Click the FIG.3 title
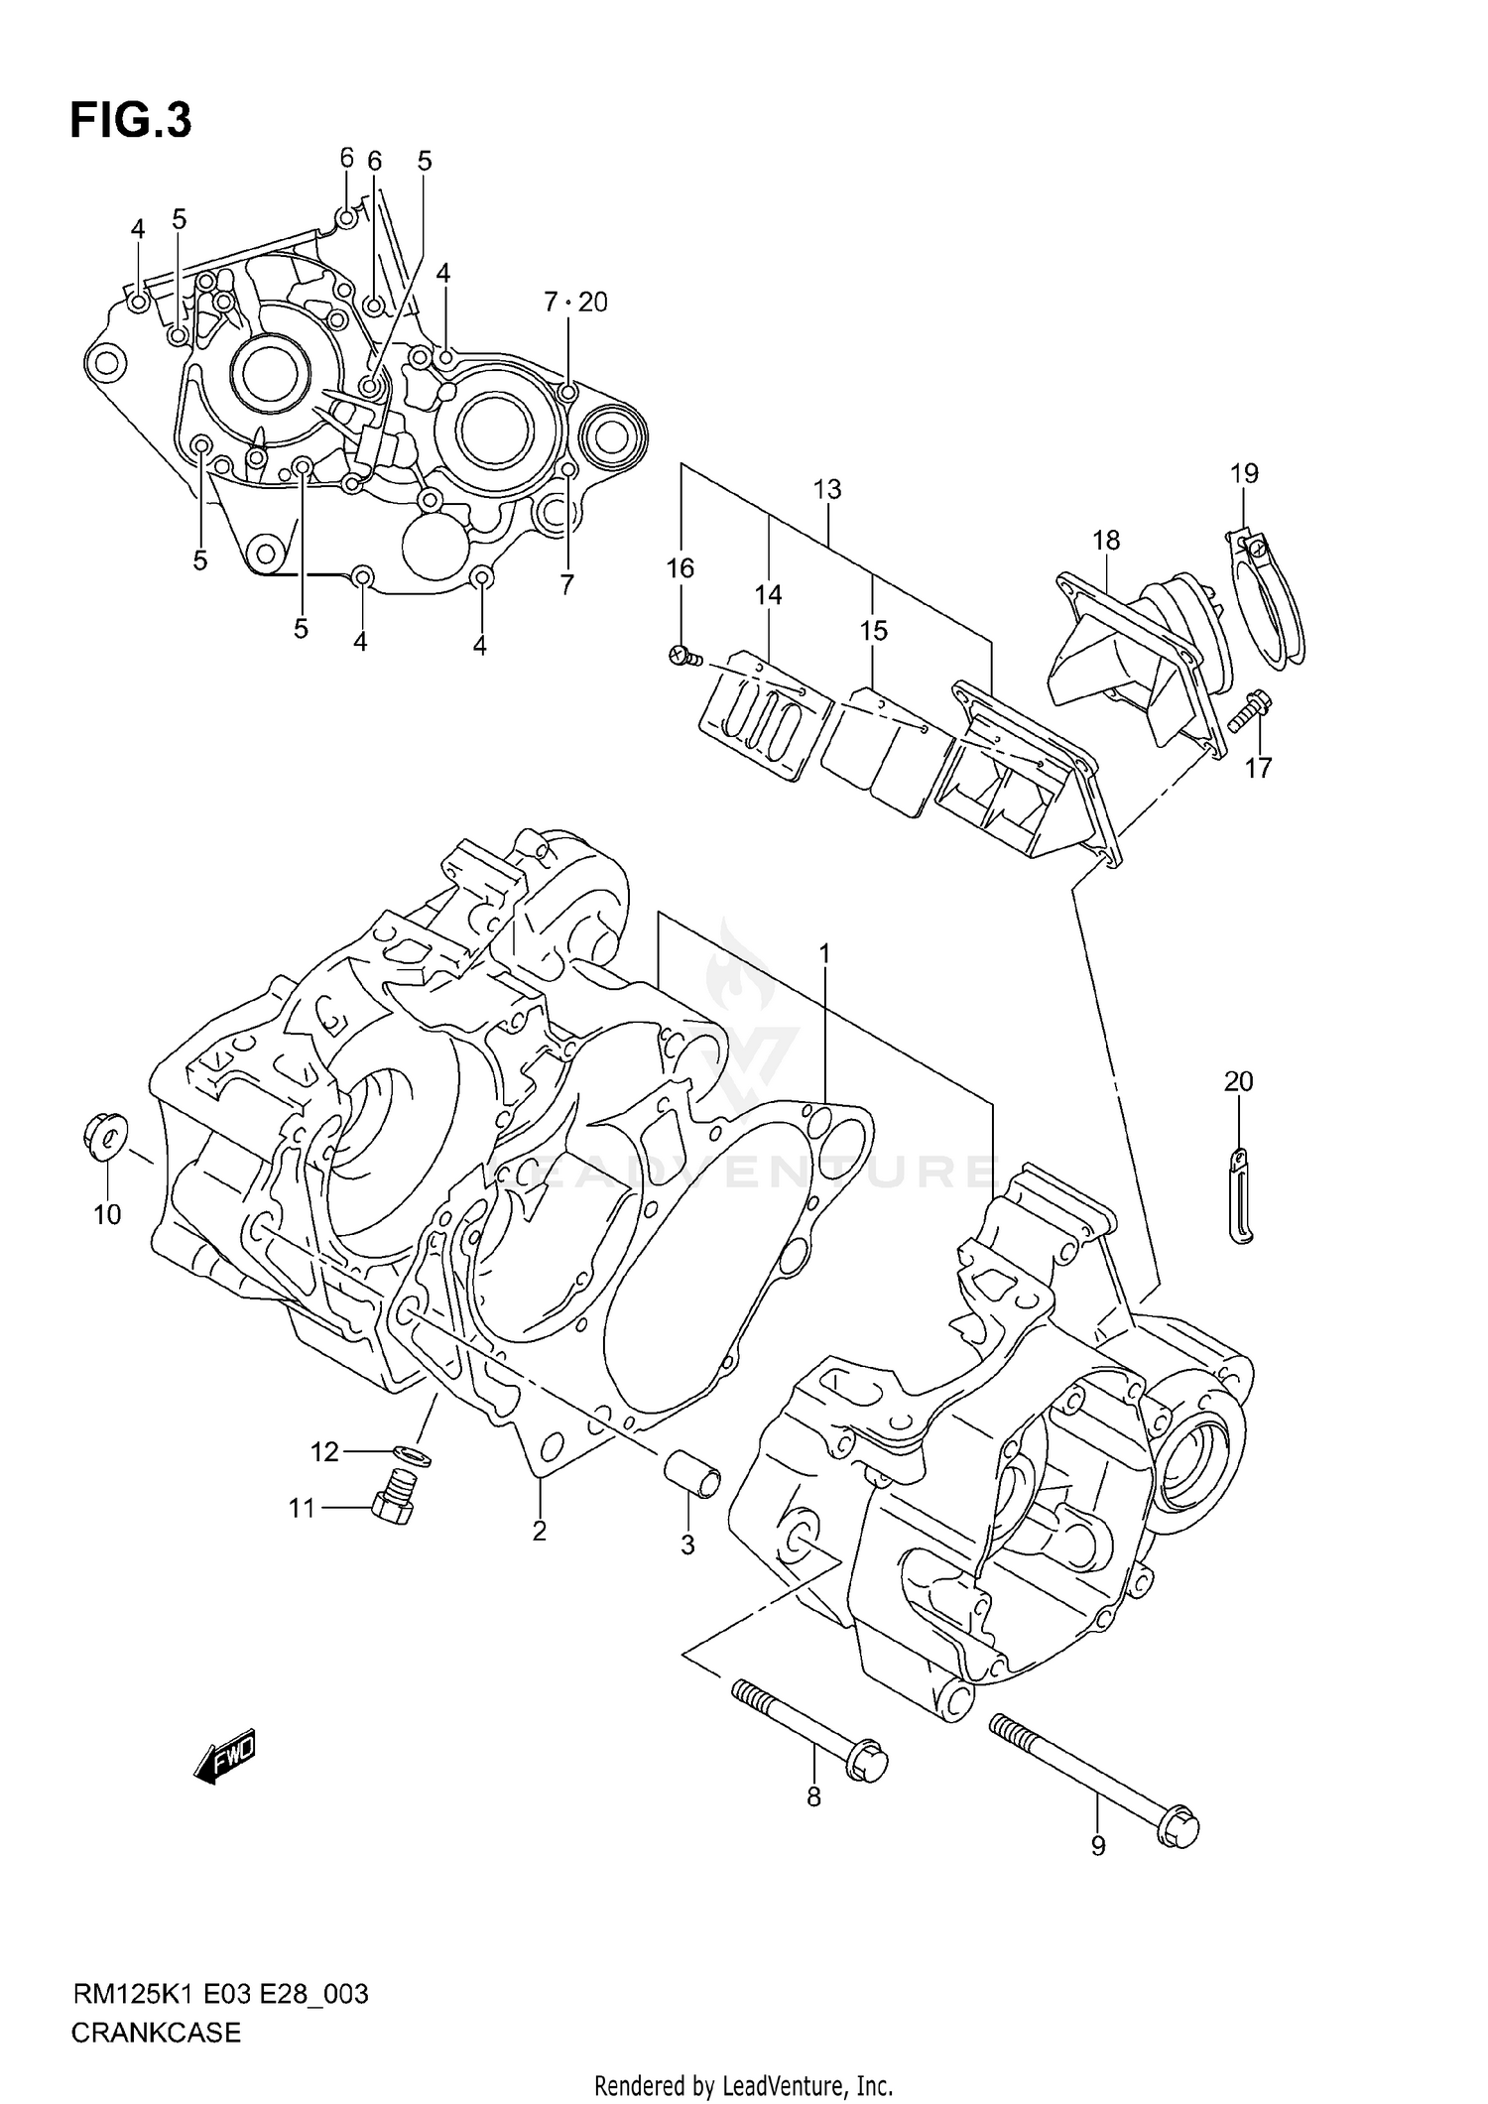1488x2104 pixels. point(130,122)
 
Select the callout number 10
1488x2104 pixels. point(107,1214)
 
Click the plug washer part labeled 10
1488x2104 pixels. point(103,1136)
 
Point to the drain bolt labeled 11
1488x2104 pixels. point(394,1508)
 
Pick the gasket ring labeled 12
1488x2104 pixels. point(409,1454)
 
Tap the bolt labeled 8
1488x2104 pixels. point(808,1727)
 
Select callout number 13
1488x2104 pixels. point(827,489)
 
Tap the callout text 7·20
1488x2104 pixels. point(575,302)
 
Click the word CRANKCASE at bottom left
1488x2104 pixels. point(156,2033)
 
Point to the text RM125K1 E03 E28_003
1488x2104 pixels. point(219,1994)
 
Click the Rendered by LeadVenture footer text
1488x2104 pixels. point(743,2086)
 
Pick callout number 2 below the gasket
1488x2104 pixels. point(539,1532)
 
